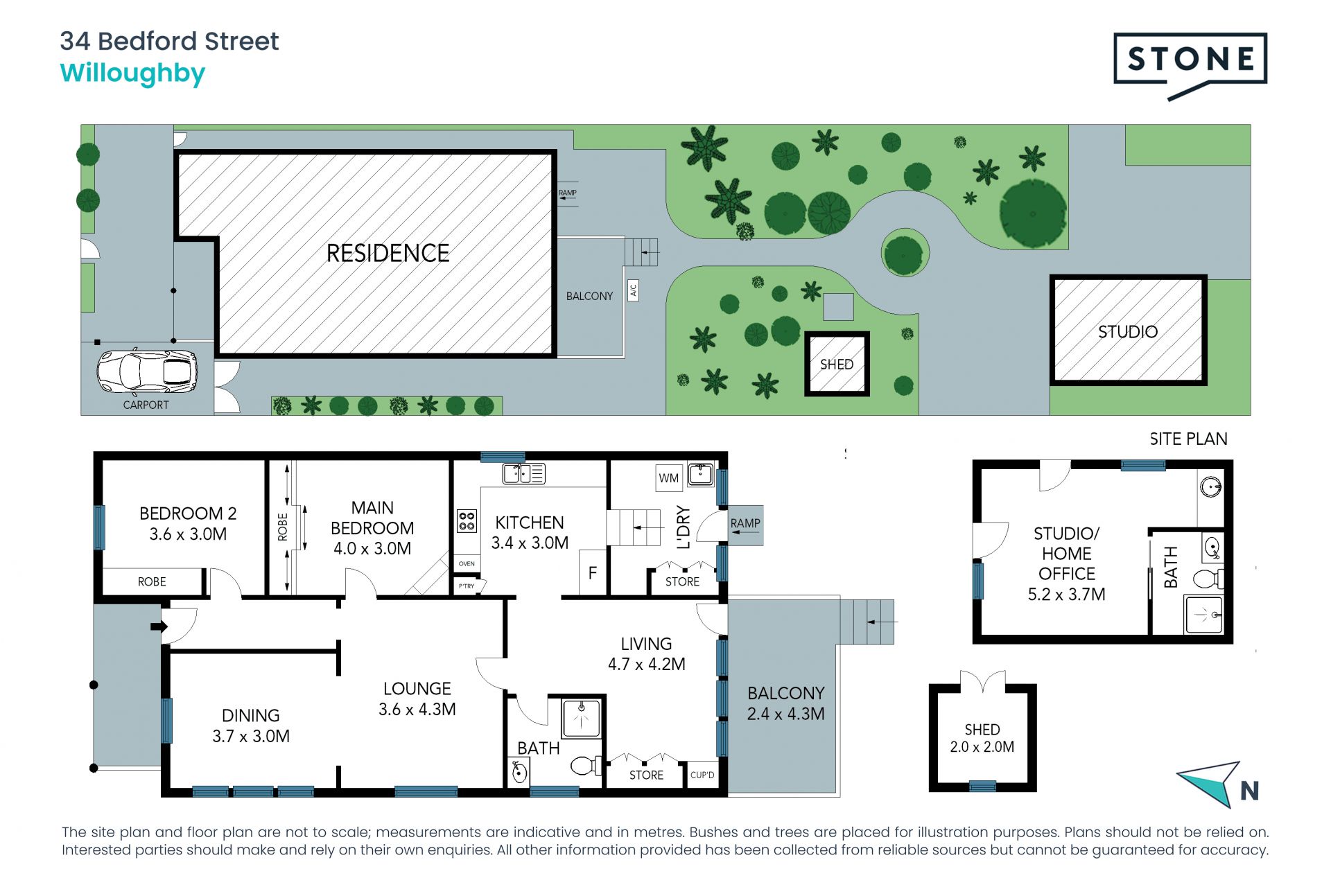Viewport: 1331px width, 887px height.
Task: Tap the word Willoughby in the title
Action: pyautogui.click(x=132, y=73)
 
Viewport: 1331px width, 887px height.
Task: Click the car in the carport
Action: pyautogui.click(x=147, y=371)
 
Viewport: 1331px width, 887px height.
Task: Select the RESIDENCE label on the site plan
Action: pyautogui.click(x=388, y=253)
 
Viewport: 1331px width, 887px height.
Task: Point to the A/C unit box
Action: pyautogui.click(x=633, y=290)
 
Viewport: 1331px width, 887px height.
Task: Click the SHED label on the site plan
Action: pyautogui.click(x=837, y=365)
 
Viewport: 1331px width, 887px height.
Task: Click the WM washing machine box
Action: pyautogui.click(x=669, y=477)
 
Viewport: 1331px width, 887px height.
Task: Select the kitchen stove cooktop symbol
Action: pyautogui.click(x=467, y=520)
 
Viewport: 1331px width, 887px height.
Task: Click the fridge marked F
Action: pyautogui.click(x=593, y=572)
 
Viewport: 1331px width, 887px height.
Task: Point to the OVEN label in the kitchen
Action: pyautogui.click(x=467, y=563)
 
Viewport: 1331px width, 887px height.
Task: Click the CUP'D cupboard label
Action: pyautogui.click(x=702, y=775)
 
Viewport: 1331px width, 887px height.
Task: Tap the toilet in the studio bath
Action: pyautogui.click(x=1208, y=577)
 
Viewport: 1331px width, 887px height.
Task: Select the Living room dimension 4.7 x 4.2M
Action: pyautogui.click(x=647, y=664)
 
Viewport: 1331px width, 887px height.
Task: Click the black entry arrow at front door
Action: pyautogui.click(x=159, y=626)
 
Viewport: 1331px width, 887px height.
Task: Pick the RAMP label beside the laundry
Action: pyautogui.click(x=745, y=523)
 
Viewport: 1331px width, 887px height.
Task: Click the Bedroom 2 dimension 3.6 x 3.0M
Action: pyautogui.click(x=188, y=534)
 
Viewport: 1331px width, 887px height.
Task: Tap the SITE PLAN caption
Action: pyautogui.click(x=1188, y=439)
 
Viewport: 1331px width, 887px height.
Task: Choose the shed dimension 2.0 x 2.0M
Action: pyautogui.click(x=982, y=747)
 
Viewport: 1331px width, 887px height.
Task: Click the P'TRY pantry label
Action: pyautogui.click(x=467, y=586)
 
